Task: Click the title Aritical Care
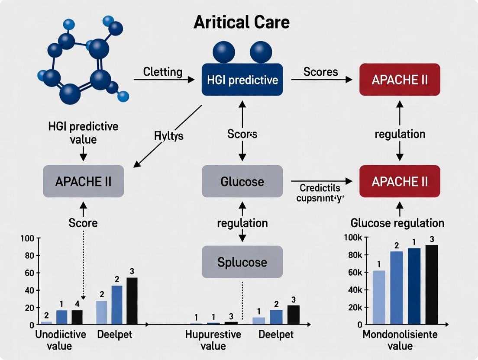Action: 242,23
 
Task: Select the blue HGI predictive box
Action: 242,80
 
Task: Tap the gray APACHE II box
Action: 83,181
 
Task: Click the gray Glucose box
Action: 242,181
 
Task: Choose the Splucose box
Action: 242,262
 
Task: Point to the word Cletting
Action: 162,72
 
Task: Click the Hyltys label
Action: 169,136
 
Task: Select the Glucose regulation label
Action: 397,223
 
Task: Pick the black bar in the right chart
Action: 432,284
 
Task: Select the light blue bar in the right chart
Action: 379,297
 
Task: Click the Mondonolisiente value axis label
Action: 400,341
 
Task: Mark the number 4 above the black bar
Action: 77,303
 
